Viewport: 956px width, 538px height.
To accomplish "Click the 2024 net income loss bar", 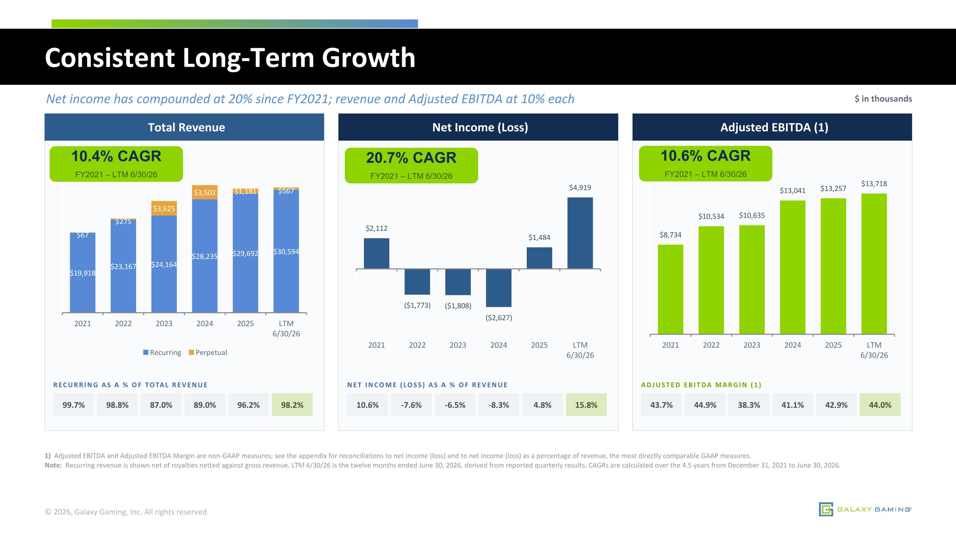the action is tap(498, 288).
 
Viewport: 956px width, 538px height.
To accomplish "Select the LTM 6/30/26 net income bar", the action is tap(580, 233).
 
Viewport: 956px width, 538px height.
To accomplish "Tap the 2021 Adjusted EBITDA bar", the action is tap(670, 290).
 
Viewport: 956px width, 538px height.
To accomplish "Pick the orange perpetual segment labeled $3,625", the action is tap(164, 208).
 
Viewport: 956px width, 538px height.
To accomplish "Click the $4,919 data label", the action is tap(580, 188).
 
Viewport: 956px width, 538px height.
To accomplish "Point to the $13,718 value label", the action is tap(874, 184).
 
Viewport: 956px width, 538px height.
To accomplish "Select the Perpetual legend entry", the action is tap(208, 352).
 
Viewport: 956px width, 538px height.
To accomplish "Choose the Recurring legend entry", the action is tap(162, 352).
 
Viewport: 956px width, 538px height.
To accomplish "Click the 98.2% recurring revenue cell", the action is tap(292, 405).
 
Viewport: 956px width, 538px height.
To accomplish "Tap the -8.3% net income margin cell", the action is tap(498, 405).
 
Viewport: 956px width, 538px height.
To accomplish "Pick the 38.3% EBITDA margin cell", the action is tap(749, 405).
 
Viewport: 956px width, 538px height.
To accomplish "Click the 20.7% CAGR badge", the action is tap(411, 165).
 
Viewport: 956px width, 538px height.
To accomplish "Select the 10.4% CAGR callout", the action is tap(116, 164).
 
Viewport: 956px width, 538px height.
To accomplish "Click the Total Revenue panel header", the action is tap(184, 127).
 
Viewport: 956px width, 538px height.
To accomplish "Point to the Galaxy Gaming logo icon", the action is tap(826, 509).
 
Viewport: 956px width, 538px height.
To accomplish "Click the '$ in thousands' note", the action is tap(883, 99).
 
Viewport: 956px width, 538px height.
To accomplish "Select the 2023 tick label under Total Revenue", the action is tap(164, 323).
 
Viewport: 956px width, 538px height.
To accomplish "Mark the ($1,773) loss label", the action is tap(417, 305).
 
